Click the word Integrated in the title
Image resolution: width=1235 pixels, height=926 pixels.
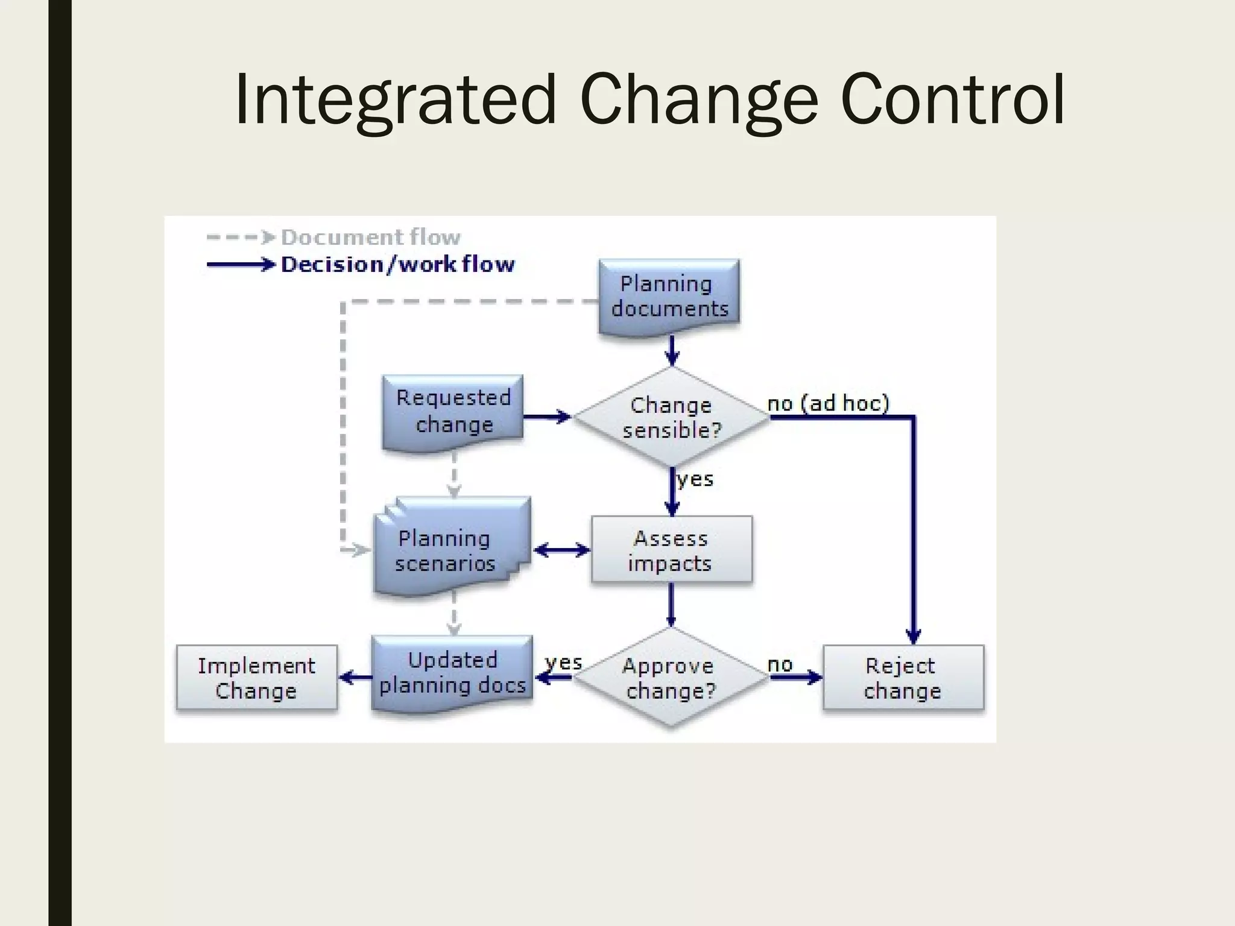tap(395, 99)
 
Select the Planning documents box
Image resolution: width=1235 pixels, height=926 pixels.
tap(669, 297)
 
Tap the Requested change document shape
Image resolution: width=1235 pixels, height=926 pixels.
tap(453, 411)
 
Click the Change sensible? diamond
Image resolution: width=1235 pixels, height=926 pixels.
tap(671, 417)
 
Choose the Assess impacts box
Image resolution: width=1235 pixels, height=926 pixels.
tap(671, 550)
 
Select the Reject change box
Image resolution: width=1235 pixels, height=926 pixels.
tap(903, 678)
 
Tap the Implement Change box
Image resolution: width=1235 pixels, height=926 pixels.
tap(256, 678)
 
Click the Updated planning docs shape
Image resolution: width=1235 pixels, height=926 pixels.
tap(452, 673)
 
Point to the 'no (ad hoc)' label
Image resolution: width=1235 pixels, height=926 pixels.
tap(828, 403)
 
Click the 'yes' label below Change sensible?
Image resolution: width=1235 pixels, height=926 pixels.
tap(695, 479)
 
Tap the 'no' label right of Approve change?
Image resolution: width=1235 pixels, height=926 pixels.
tap(779, 664)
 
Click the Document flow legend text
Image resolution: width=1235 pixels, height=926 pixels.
tap(370, 237)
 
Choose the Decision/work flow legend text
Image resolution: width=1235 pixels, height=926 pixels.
tap(397, 264)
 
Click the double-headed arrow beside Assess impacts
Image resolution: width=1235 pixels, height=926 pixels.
tap(561, 550)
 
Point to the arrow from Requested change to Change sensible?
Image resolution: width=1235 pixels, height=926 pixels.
tap(546, 417)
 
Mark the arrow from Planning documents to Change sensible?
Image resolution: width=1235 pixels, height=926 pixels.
tap(672, 350)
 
